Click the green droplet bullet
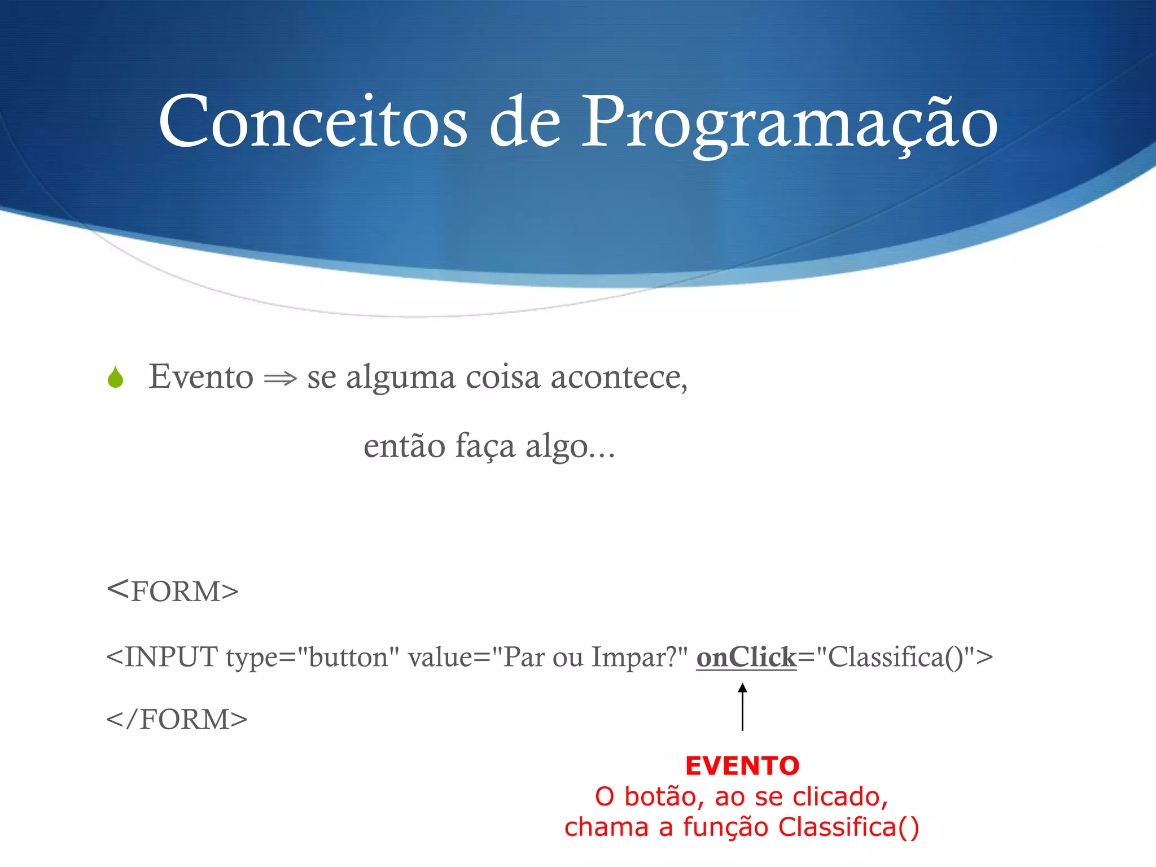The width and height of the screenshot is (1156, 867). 115,377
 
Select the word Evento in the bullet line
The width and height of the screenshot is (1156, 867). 200,376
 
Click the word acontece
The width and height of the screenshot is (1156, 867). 619,377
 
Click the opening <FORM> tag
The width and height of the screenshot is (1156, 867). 173,591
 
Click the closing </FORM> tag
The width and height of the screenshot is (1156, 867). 177,719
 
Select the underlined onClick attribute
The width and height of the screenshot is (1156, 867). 746,657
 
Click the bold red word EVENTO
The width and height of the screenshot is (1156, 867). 742,766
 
